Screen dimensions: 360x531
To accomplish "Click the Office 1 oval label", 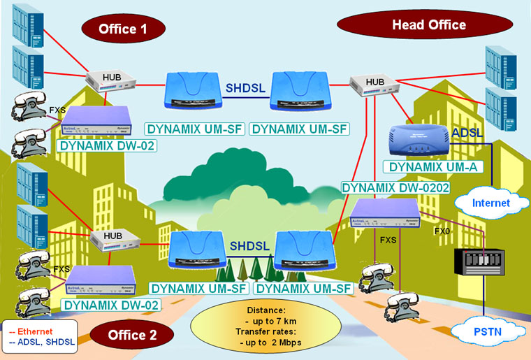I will tap(124, 29).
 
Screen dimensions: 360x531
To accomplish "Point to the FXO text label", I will tap(442, 230).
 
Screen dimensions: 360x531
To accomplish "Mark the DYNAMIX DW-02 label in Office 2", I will tap(112, 305).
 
